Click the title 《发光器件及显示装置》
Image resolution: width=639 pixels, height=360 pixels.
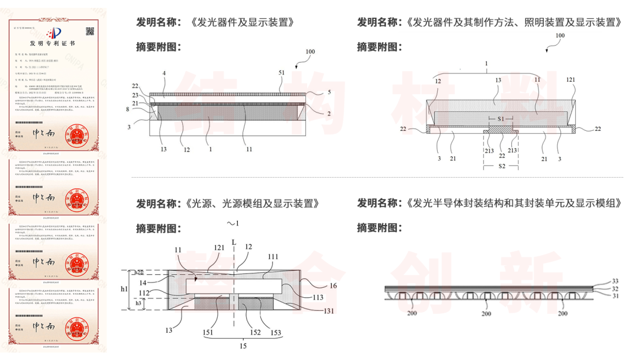point(243,22)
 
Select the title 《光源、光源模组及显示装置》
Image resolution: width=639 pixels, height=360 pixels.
point(255,203)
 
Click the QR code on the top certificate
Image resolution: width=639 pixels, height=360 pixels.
point(90,31)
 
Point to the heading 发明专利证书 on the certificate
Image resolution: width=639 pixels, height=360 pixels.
point(53,44)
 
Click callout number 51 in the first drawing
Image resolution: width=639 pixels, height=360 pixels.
point(282,72)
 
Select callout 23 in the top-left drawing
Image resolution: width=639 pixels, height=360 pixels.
point(135,95)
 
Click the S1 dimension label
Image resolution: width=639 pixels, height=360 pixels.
point(501,119)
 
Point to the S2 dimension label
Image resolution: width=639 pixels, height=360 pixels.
point(501,167)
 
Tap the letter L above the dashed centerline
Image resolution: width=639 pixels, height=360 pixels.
point(234,242)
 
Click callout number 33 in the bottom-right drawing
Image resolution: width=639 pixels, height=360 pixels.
point(615,281)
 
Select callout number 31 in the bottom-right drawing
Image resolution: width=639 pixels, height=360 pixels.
point(615,296)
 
